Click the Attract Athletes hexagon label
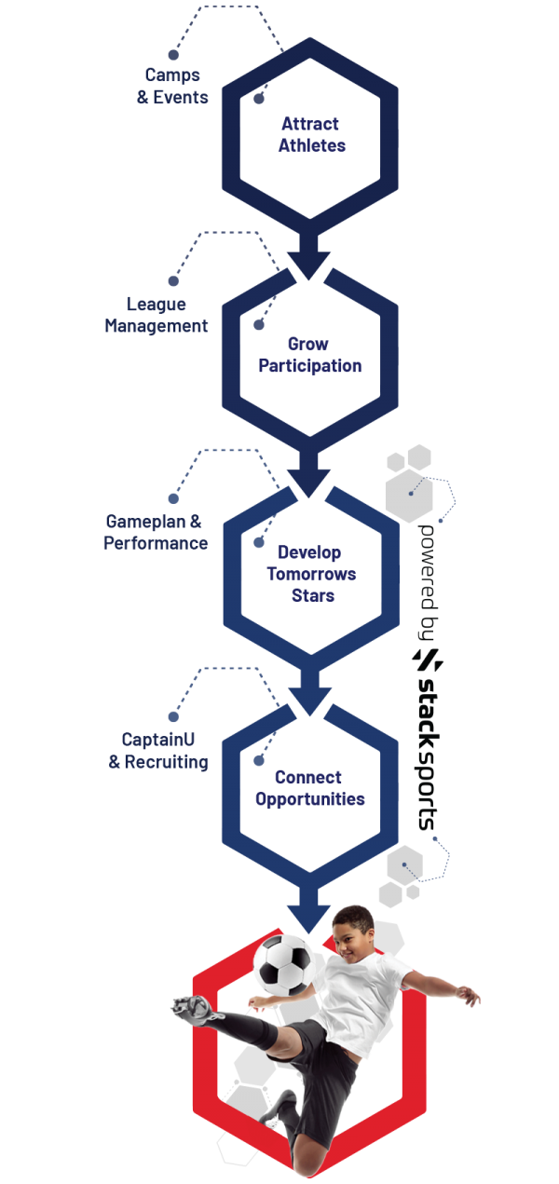[x=310, y=134]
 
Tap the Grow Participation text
[x=310, y=355]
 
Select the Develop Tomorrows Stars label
[x=310, y=574]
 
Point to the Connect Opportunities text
[x=319, y=788]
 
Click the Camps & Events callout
[x=172, y=86]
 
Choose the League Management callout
[x=156, y=315]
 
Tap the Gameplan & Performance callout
[x=155, y=532]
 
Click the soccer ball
[x=285, y=963]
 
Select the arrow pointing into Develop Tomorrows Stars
[x=308, y=474]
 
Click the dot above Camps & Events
[x=172, y=53]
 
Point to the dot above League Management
[x=172, y=279]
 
